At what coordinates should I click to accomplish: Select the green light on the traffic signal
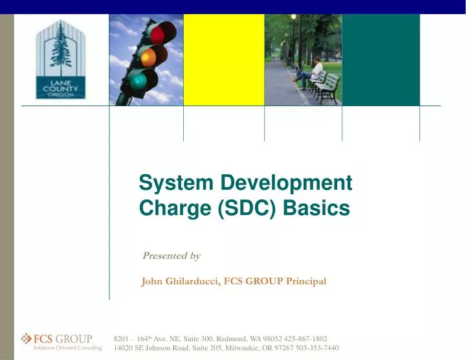[138, 80]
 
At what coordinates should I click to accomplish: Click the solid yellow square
[224, 60]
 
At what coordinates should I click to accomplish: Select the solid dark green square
[381, 60]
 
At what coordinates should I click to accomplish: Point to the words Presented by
[171, 256]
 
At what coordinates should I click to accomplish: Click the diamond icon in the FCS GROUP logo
[27, 337]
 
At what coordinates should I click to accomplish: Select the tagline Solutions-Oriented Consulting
[67, 348]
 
